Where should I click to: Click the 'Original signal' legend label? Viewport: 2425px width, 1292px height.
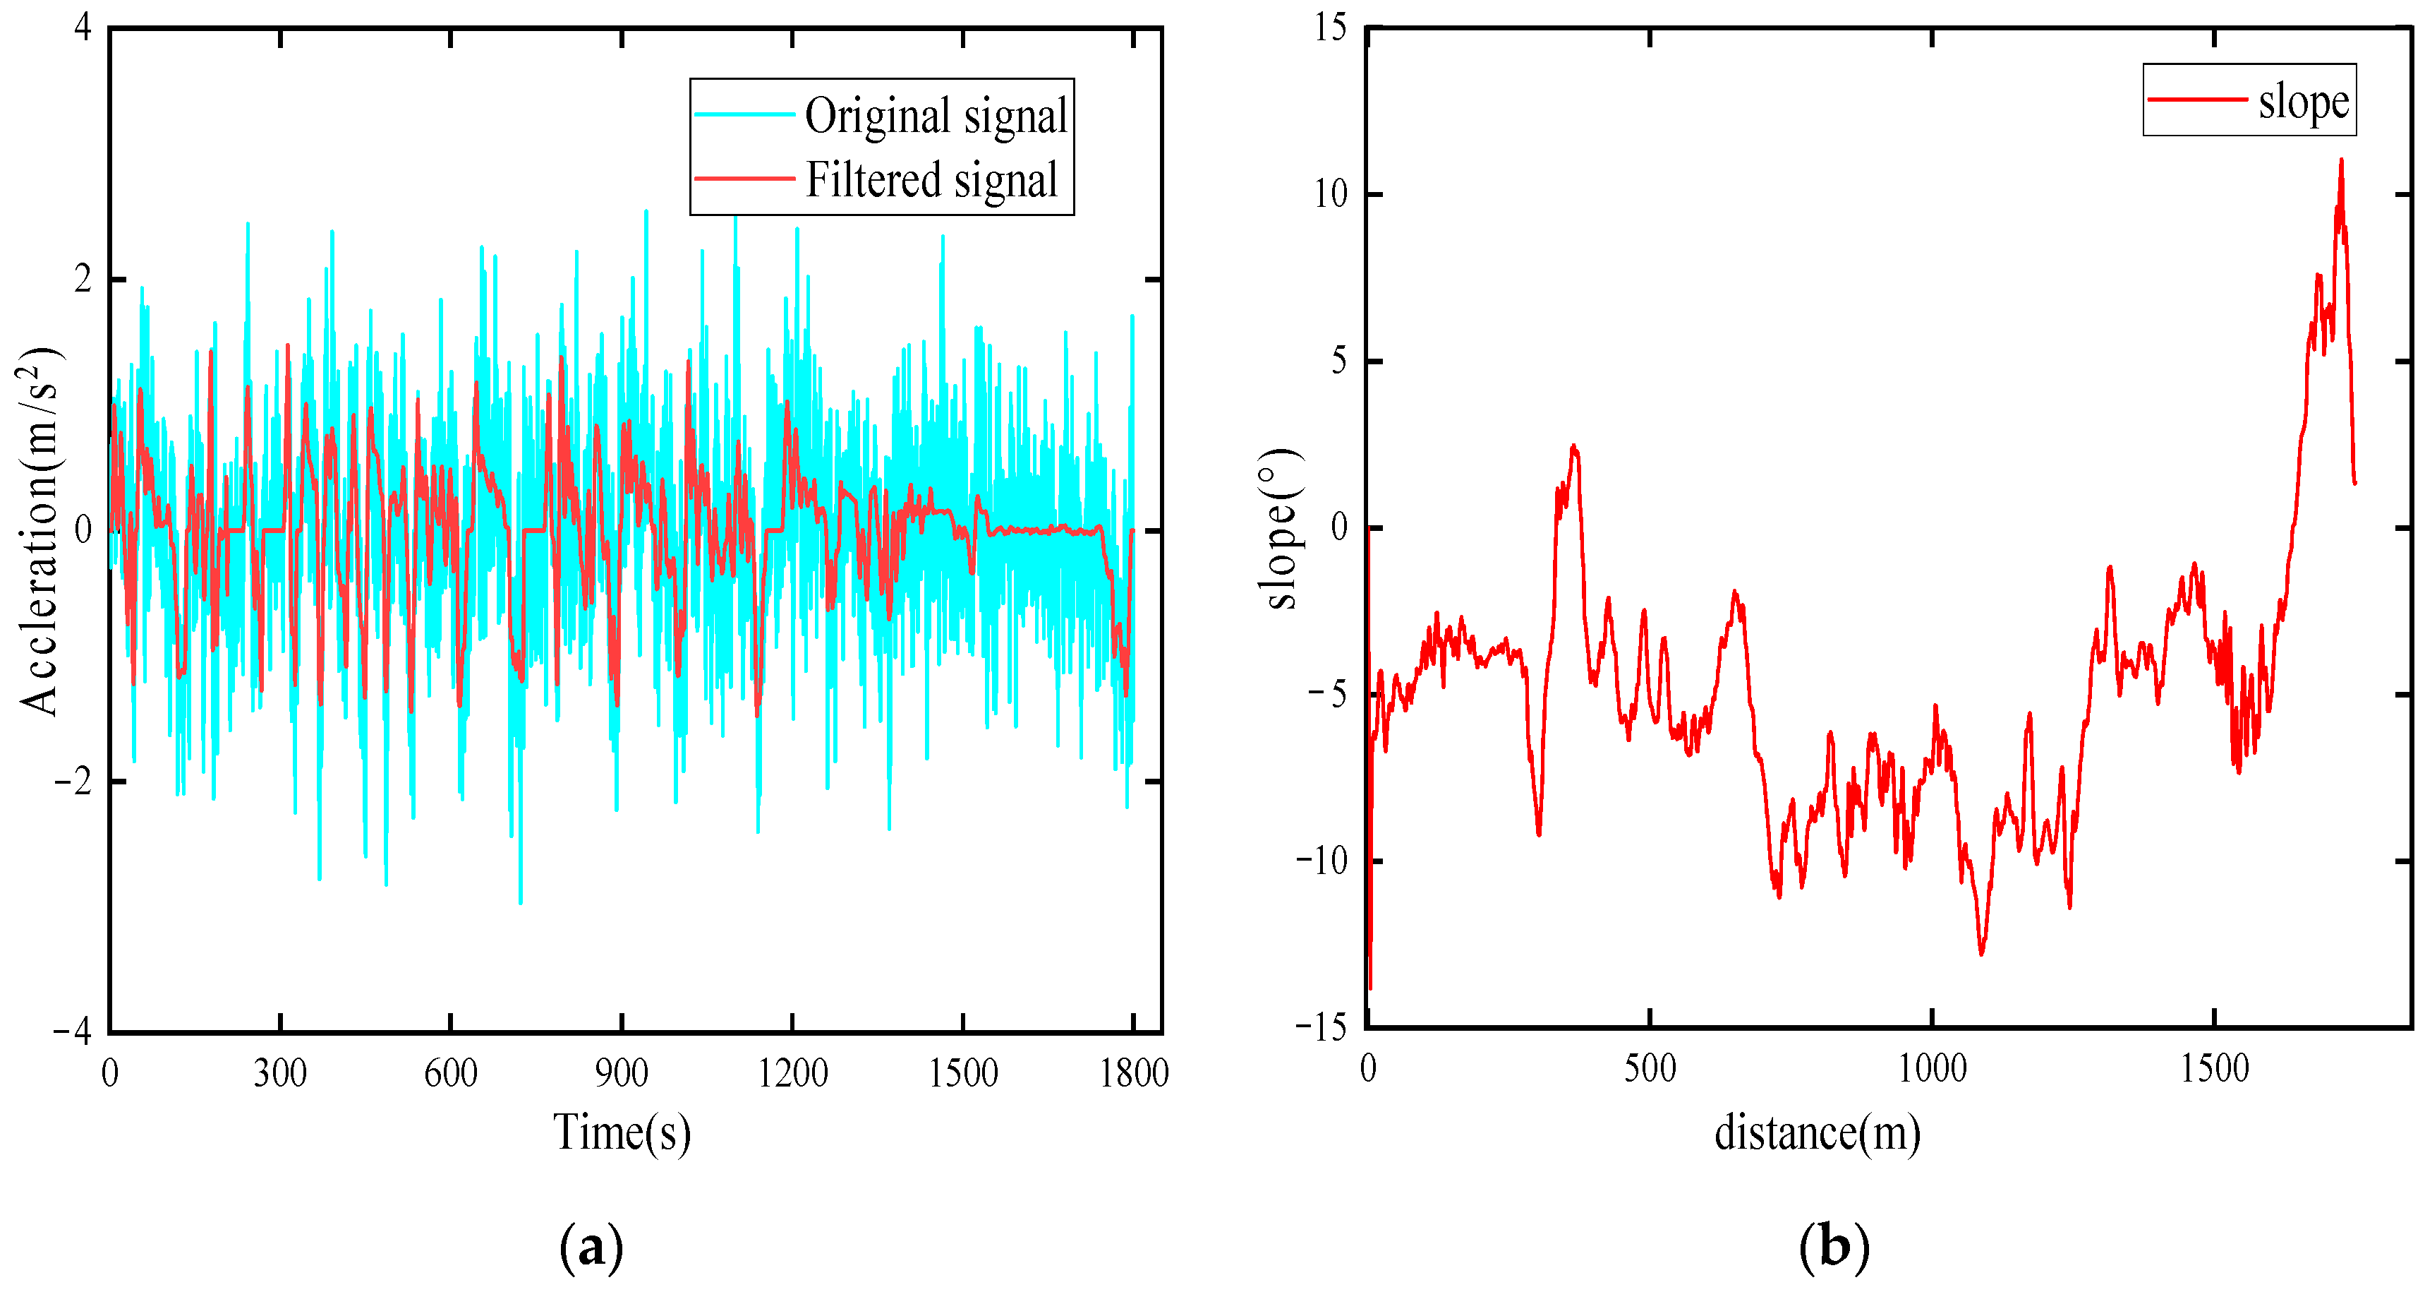point(936,116)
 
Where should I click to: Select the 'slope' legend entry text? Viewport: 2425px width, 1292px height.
point(2303,102)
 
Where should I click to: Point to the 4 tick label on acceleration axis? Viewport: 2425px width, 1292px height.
point(83,28)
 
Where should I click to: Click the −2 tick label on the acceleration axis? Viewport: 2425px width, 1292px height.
point(73,782)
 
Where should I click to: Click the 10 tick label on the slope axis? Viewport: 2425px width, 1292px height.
point(1331,195)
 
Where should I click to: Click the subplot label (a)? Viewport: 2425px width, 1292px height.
point(591,1248)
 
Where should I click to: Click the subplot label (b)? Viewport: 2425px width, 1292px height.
point(1834,1248)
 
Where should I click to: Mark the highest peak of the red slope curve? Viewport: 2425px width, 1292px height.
point(2341,161)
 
